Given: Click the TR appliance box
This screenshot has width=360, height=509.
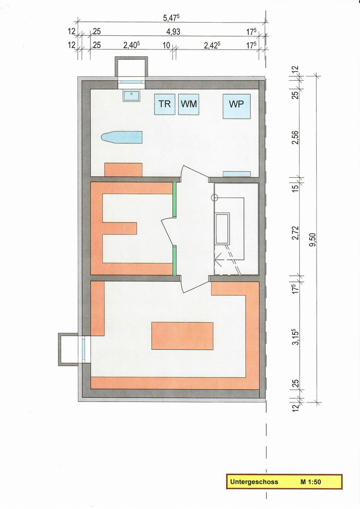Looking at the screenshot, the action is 164,104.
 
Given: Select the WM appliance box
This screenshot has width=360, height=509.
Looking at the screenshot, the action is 188,104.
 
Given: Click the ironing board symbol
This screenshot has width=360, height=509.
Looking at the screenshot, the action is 122,137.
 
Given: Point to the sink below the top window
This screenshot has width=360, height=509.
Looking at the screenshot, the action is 131,95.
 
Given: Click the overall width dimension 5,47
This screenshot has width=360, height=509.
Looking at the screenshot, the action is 172,18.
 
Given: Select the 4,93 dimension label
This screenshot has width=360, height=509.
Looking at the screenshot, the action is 173,32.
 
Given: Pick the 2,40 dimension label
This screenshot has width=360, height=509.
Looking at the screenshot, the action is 131,45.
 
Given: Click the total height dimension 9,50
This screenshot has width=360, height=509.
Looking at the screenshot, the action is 313,239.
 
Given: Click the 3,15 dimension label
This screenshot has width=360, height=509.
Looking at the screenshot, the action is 295,337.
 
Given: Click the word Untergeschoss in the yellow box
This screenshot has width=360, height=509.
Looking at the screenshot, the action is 254,482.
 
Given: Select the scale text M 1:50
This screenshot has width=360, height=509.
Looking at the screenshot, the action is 311,482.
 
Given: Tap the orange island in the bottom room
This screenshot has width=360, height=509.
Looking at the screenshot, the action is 182,336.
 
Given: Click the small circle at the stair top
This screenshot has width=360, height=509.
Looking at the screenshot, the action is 213,197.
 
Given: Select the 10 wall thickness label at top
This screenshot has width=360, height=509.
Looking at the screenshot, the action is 166,45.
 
